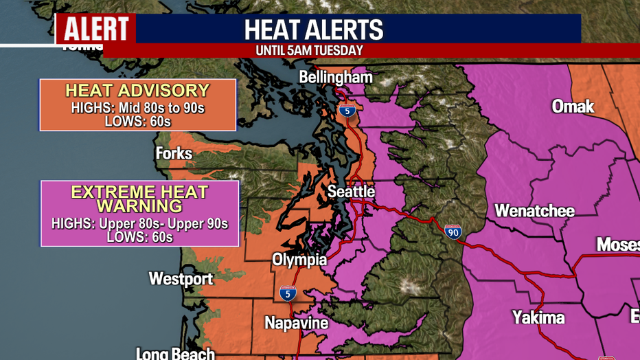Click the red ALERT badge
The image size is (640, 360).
click(x=95, y=29)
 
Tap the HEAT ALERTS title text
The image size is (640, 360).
click(x=314, y=30)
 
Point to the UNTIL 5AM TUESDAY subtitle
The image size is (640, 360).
click(x=309, y=51)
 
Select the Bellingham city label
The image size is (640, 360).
click(x=336, y=77)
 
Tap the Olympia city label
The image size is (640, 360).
click(x=299, y=260)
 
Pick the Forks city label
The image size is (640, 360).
click(x=174, y=153)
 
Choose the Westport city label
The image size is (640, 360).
click(x=181, y=278)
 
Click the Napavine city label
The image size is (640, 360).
click(x=297, y=322)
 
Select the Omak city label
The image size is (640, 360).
click(x=573, y=106)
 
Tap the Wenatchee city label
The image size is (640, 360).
click(x=534, y=210)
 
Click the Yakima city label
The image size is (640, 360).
click(x=538, y=317)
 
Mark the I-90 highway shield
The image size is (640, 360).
click(x=453, y=232)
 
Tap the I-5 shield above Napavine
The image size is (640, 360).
click(x=288, y=293)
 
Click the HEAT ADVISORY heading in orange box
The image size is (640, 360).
click(x=137, y=91)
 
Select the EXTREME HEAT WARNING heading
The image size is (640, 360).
click(x=139, y=198)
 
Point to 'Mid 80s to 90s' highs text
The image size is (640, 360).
click(x=155, y=108)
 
